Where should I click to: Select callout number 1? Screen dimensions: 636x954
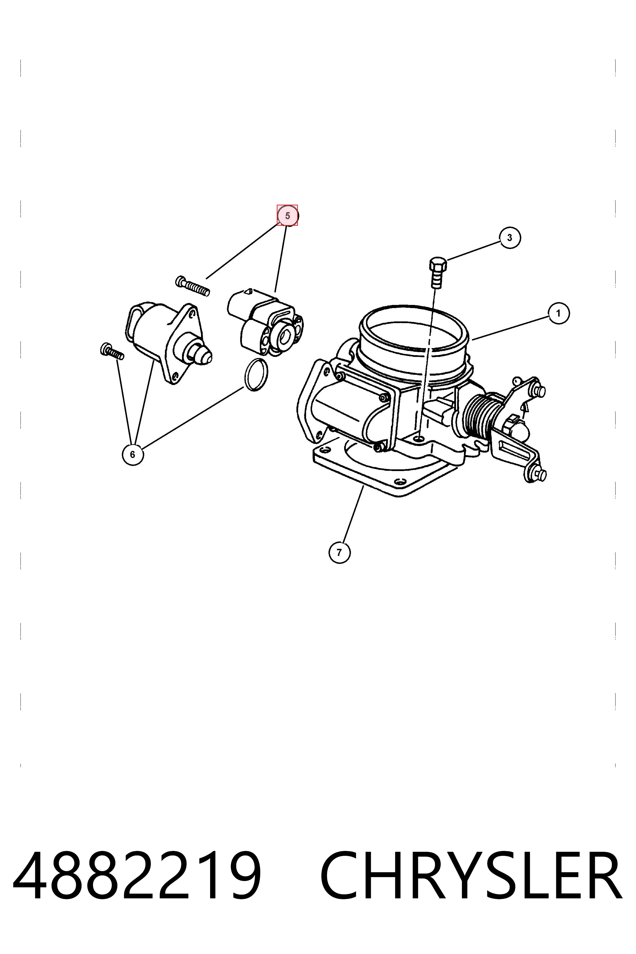(558, 313)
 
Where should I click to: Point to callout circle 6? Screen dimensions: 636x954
(133, 455)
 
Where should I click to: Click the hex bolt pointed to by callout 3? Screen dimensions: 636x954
(437, 272)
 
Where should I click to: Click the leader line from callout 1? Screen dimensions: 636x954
(510, 328)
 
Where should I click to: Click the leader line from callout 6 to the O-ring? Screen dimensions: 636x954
(193, 418)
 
